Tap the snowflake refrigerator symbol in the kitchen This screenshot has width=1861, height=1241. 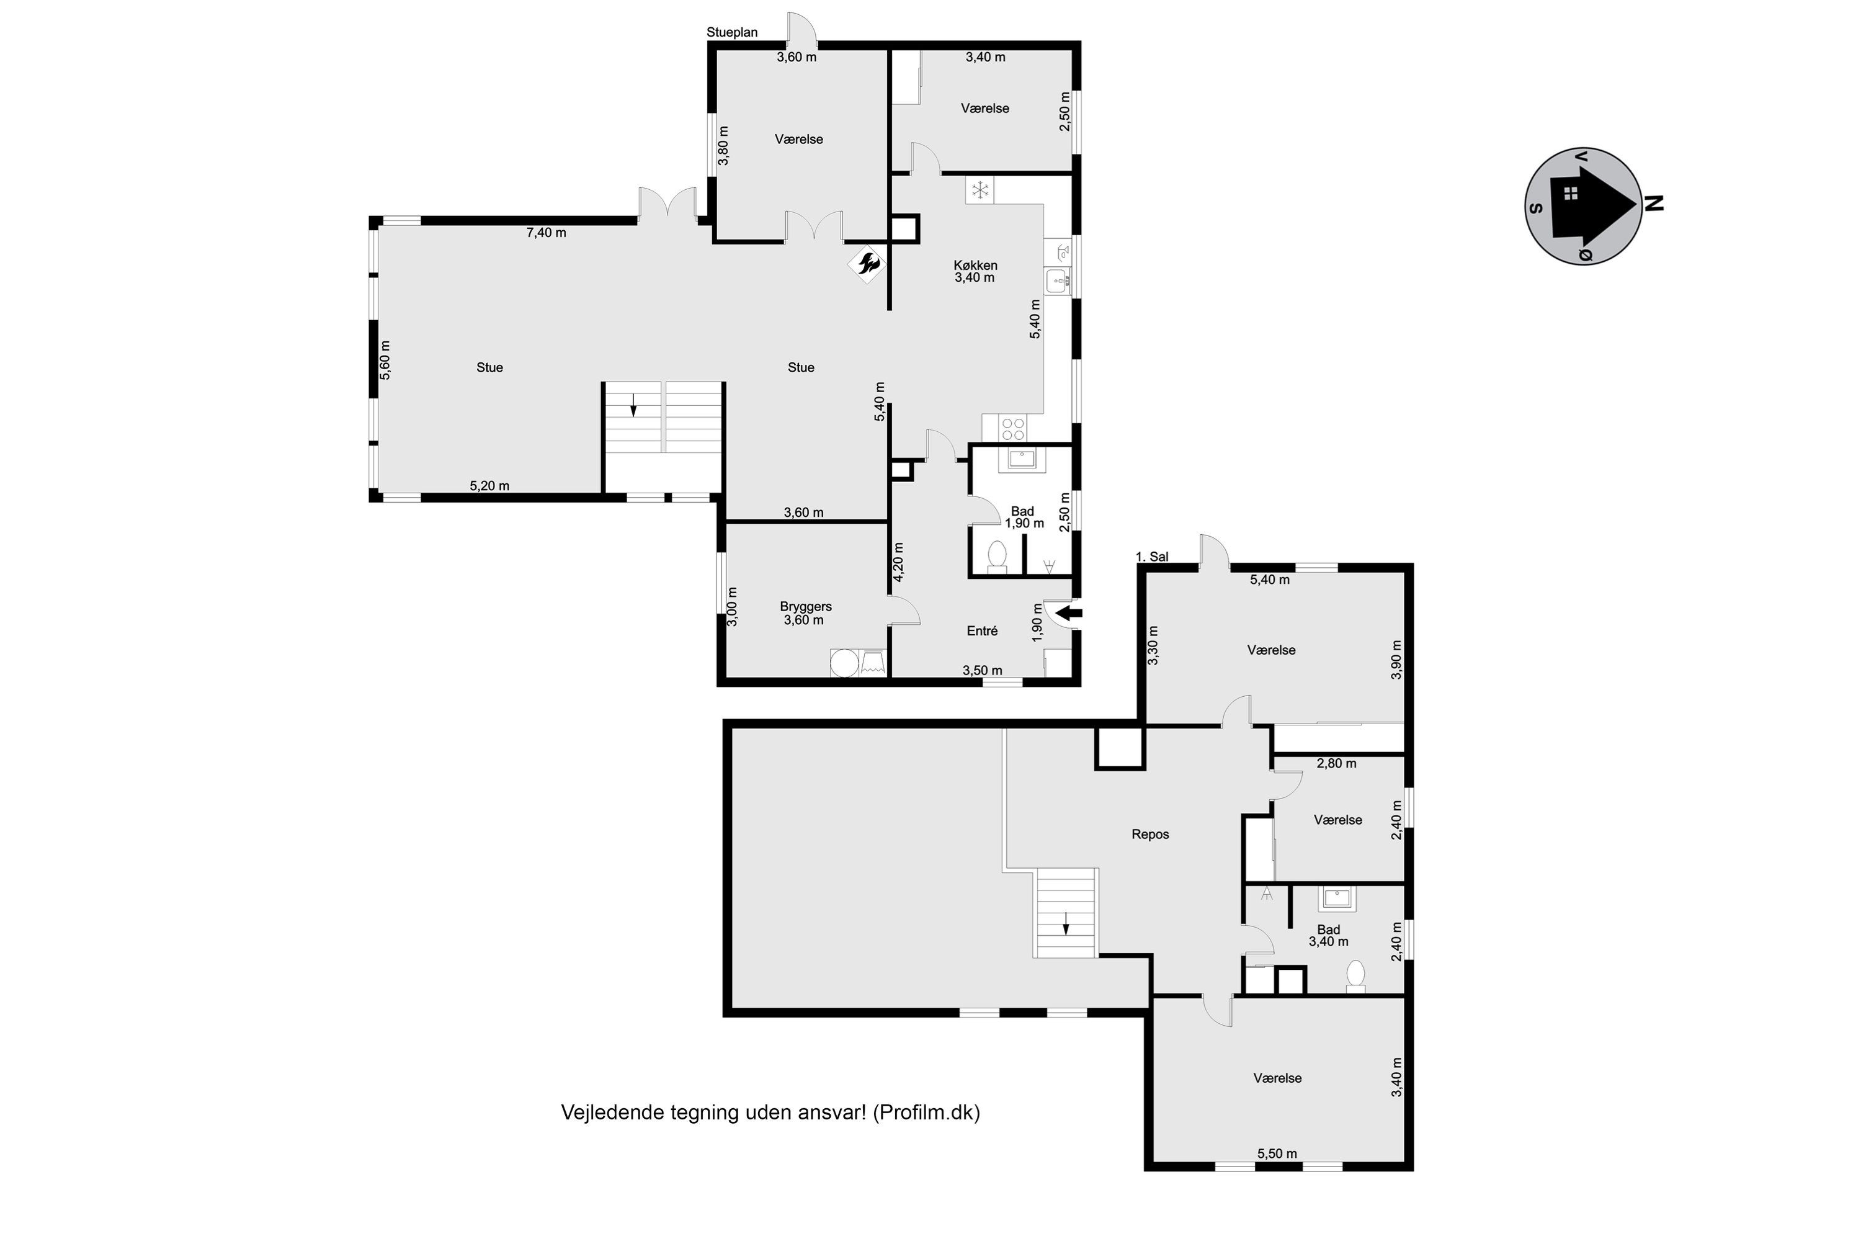(x=980, y=190)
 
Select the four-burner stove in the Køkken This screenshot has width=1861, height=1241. (x=1014, y=429)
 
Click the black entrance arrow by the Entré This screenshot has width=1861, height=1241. (x=1069, y=612)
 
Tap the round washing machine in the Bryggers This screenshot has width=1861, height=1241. (x=844, y=663)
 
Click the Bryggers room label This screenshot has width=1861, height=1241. (x=805, y=606)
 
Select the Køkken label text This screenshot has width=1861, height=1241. (x=975, y=265)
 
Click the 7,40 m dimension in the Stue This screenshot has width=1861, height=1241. (x=546, y=233)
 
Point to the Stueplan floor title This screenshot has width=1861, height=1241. (x=732, y=32)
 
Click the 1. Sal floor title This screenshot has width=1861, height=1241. (x=1152, y=557)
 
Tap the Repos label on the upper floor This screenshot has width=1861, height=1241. (x=1149, y=834)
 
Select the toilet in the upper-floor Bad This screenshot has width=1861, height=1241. (x=1355, y=976)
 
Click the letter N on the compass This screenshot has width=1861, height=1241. (x=1653, y=204)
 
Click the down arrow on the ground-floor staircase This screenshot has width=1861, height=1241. (x=633, y=405)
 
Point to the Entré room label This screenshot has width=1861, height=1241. (x=982, y=631)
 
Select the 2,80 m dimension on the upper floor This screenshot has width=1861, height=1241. (x=1336, y=764)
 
